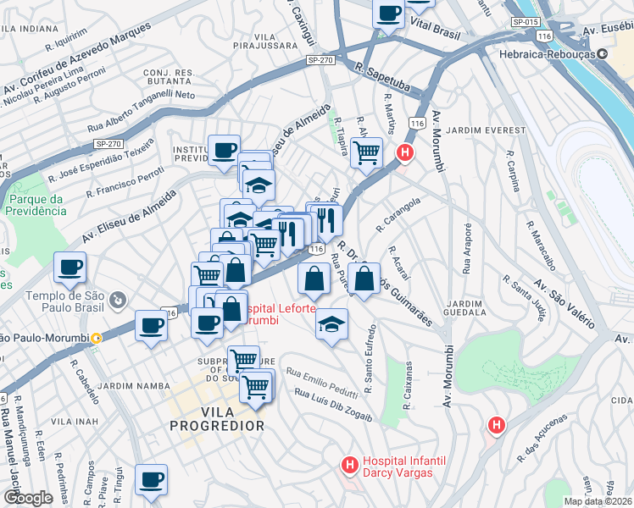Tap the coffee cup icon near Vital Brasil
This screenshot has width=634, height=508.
point(389,14)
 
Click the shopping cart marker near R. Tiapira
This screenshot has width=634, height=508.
point(365,153)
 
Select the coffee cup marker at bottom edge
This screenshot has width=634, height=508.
point(152,479)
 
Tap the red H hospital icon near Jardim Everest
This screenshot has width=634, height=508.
point(406,153)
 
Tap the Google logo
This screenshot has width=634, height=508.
point(27,498)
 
